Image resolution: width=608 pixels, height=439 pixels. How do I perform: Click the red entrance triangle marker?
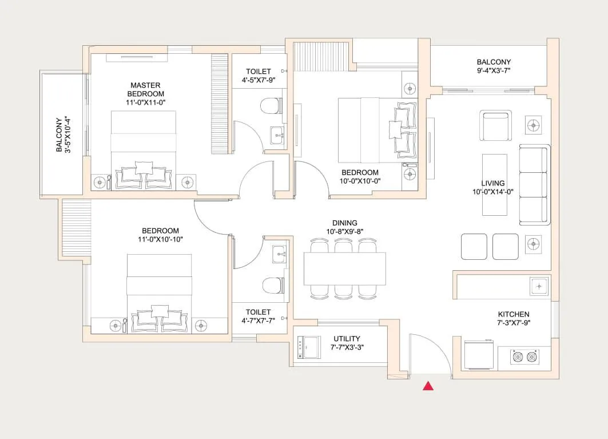pos(428,386)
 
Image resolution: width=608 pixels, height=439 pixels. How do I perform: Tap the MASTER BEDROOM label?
pos(145,90)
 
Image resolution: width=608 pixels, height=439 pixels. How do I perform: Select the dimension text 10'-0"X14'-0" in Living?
pos(492,192)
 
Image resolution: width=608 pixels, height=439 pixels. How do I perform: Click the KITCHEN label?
pos(513,314)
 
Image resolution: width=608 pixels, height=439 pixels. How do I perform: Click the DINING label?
pos(344,223)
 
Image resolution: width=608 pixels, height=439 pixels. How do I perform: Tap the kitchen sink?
pos(539,285)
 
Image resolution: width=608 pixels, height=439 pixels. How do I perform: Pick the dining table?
pos(344,268)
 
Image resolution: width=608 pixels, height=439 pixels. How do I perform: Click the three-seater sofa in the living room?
pos(534,185)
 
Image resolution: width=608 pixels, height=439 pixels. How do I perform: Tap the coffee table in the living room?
pos(494,184)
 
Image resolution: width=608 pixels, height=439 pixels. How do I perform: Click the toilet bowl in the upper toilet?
pos(270,106)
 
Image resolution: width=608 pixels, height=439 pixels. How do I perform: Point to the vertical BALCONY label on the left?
pos(62,135)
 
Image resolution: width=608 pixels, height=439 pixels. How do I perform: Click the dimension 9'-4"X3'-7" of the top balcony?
pos(494,71)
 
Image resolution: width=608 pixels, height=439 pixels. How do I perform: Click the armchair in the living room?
pos(496,124)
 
